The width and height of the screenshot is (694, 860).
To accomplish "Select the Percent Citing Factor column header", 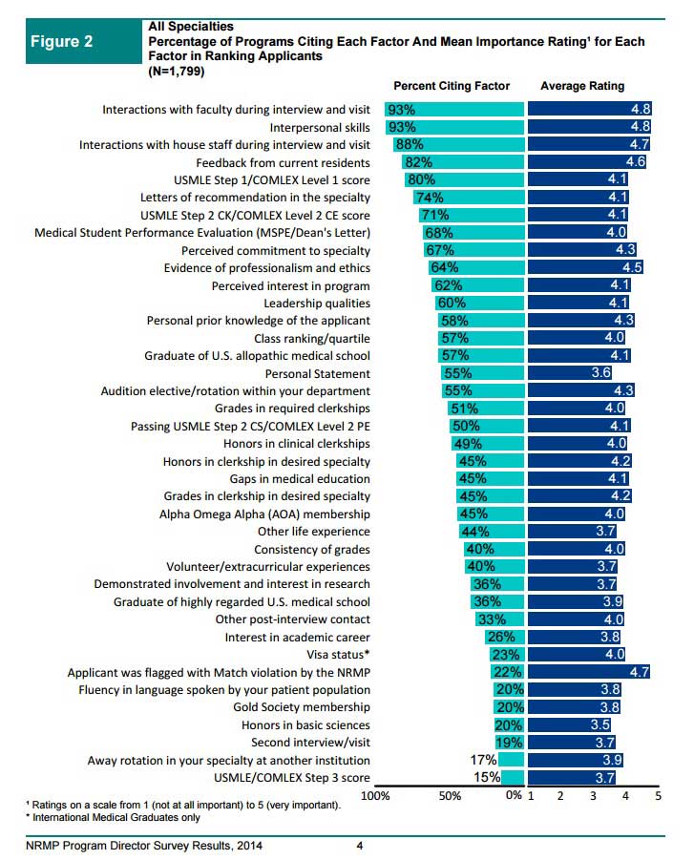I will coord(452,86).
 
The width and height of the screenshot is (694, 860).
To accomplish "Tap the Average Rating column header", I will coord(582,86).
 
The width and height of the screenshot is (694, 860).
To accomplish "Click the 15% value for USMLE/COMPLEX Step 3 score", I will coord(486,778).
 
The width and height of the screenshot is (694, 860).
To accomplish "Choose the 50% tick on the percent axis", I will coord(449,795).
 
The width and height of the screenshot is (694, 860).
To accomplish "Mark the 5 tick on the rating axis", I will coord(658,795).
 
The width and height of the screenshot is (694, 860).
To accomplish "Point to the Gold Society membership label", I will coord(302,707).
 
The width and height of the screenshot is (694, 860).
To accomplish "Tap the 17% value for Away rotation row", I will coord(484,760).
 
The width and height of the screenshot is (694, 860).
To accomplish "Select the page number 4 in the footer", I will coord(359,846).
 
